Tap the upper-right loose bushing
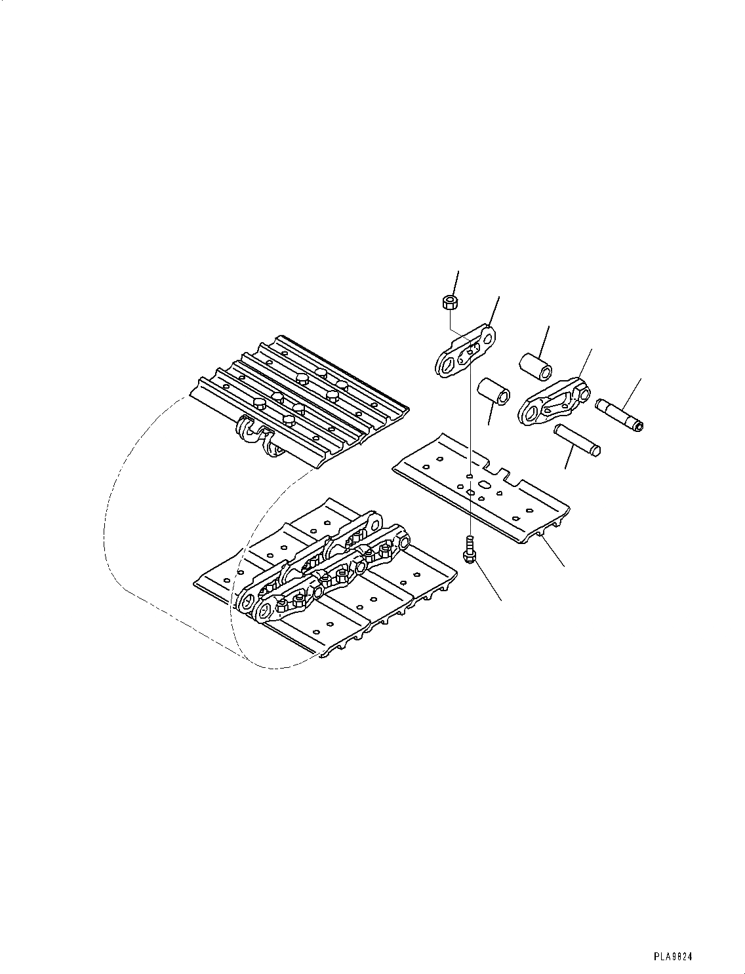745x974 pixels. (534, 364)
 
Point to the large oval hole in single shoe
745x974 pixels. (485, 485)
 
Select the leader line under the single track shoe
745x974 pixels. (554, 555)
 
